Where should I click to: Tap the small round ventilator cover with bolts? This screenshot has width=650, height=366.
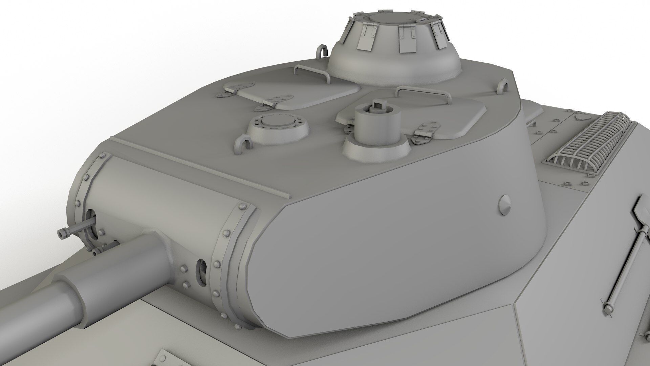tap(278, 125)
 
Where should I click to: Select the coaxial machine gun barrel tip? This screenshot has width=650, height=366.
tap(62, 234)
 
